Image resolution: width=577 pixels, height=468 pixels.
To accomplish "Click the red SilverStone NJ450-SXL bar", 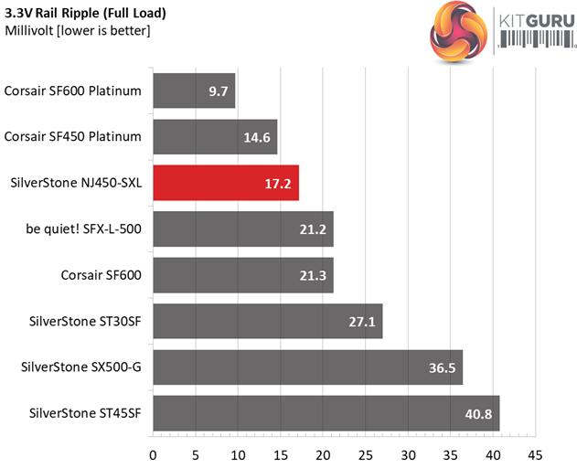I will click(225, 183).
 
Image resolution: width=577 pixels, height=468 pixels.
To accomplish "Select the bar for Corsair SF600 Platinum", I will click(194, 90).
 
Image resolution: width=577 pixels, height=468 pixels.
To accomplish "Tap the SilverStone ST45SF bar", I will click(326, 413).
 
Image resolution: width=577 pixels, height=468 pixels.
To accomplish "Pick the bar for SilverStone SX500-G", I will click(307, 367).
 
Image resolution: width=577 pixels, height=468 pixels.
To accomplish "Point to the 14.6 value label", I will click(259, 137).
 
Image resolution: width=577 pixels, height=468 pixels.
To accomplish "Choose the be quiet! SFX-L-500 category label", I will click(89, 229).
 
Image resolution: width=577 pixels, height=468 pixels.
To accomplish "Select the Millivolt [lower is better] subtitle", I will click(78, 31).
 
